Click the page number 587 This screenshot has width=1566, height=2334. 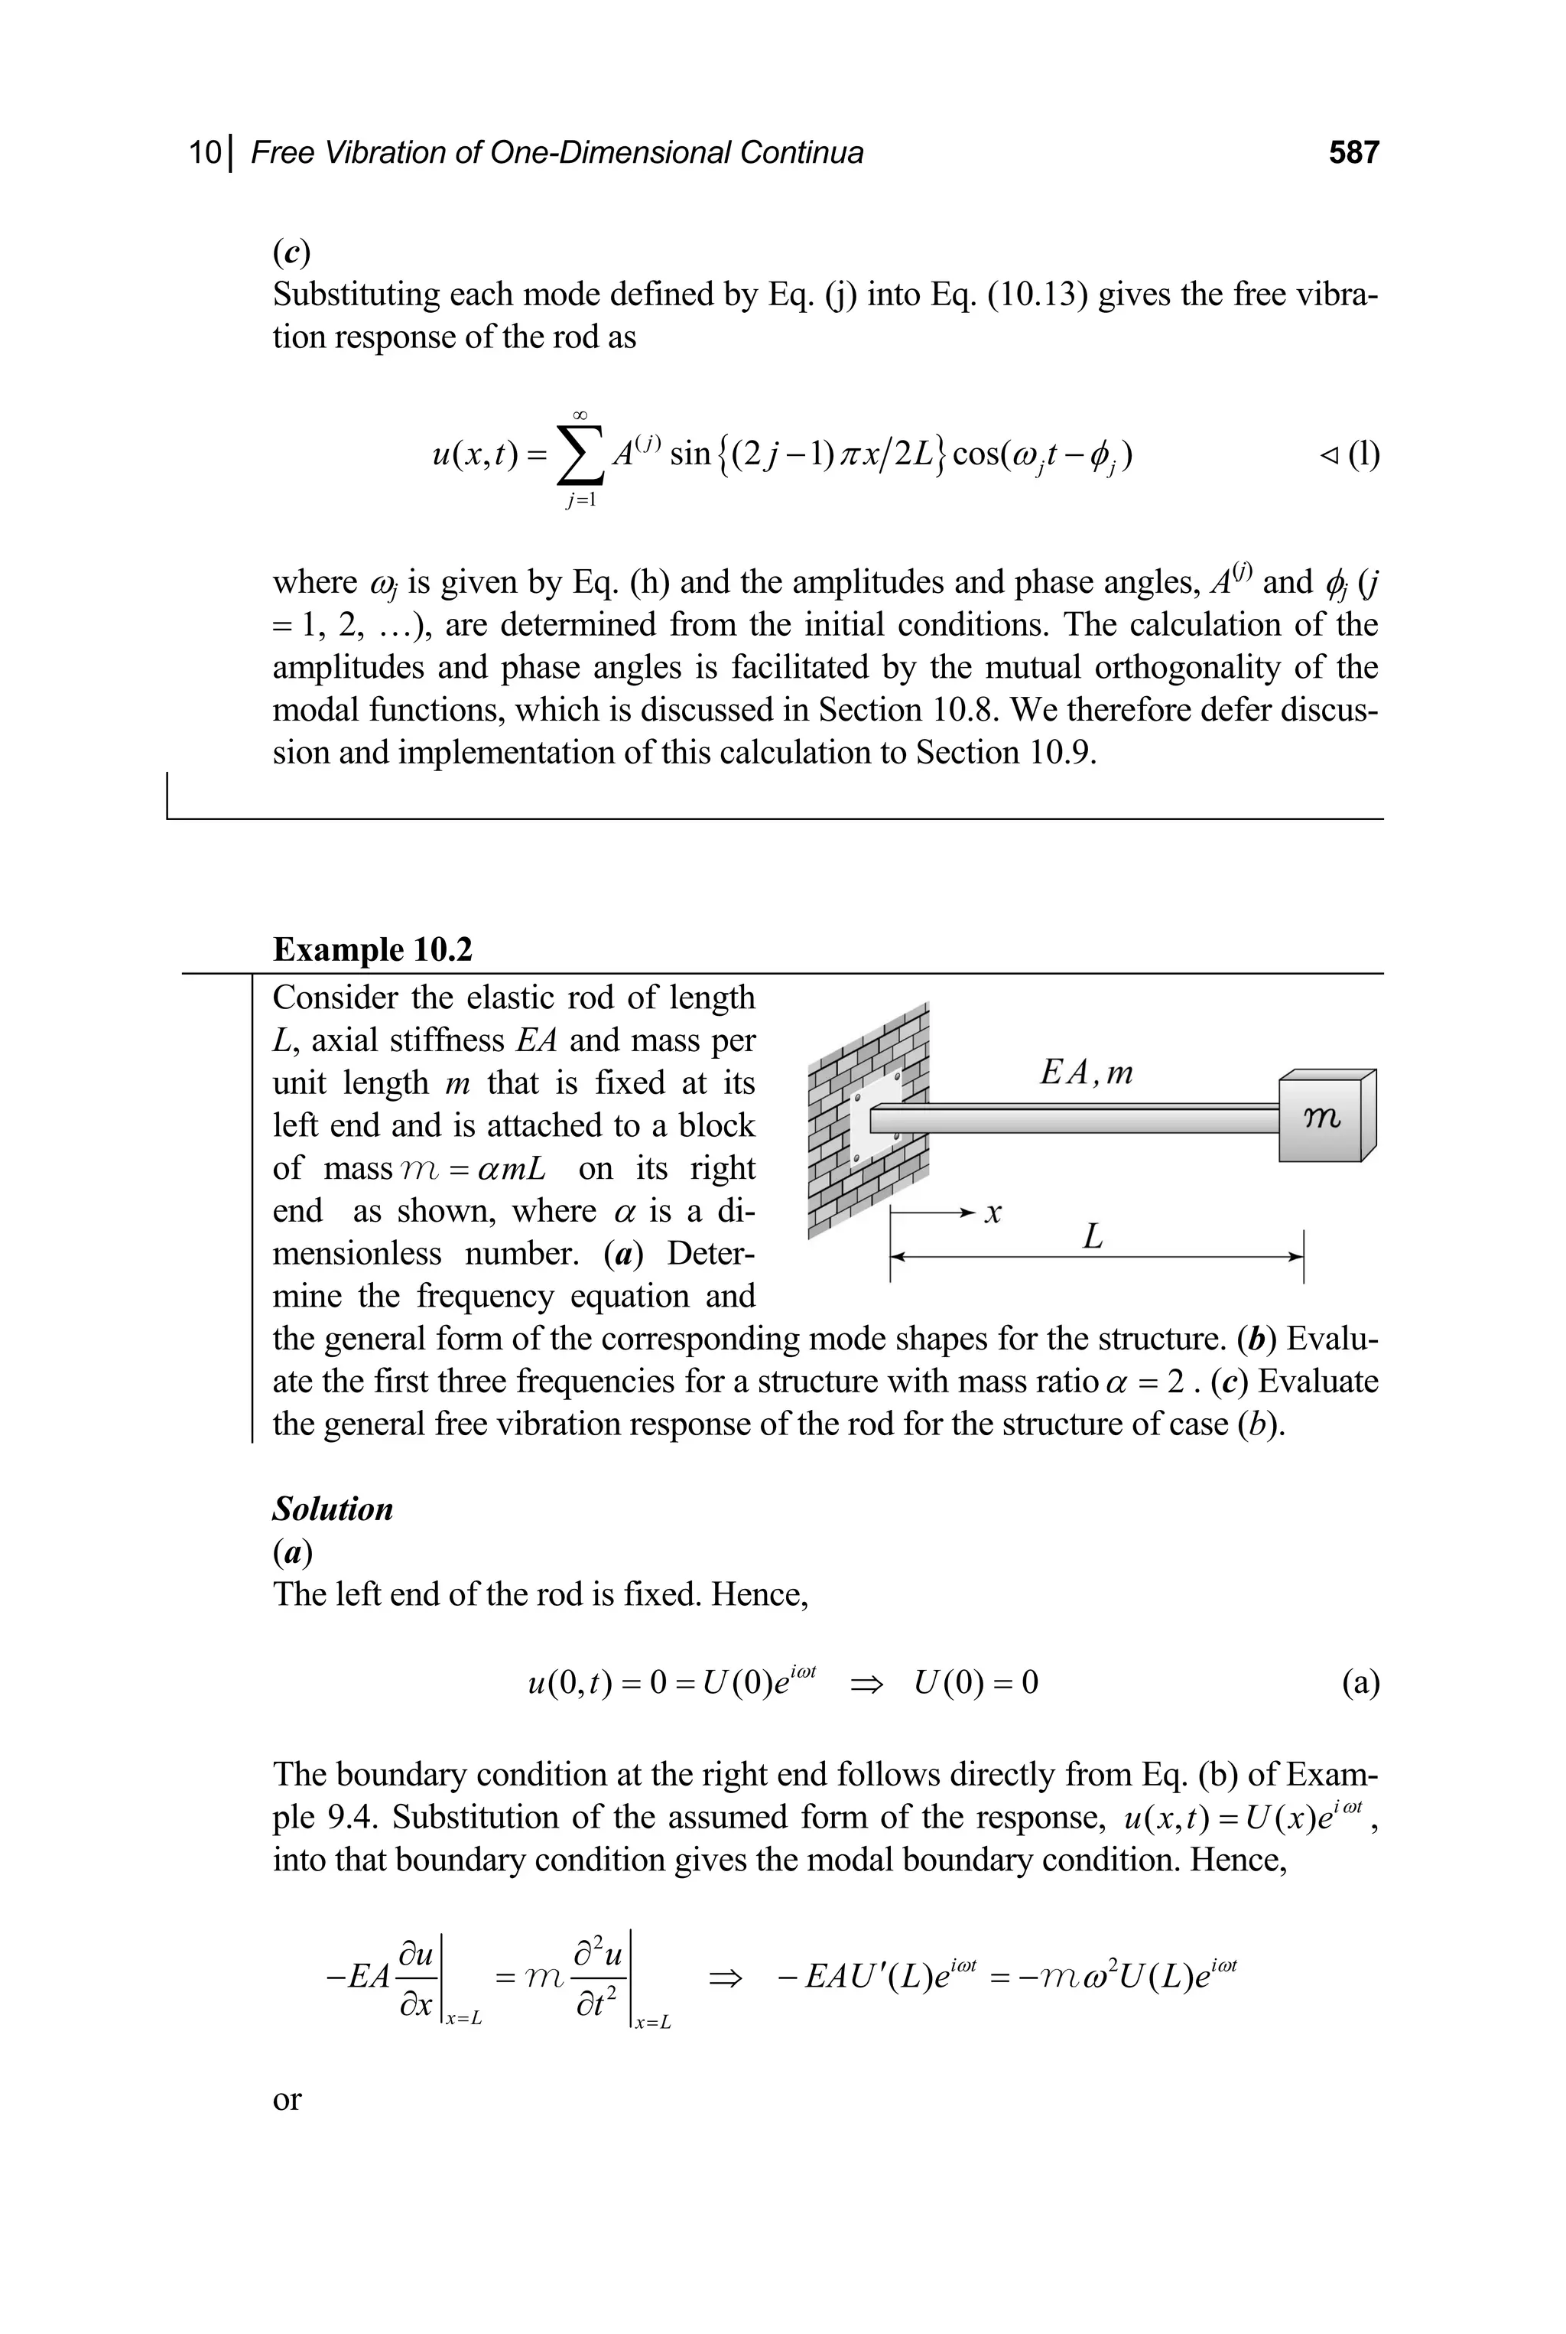coord(1353,153)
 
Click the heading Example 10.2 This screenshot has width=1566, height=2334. coord(372,949)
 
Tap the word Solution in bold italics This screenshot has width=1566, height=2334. coord(333,1509)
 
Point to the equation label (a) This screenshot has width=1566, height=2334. coord(1360,1684)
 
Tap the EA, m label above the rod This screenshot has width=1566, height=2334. coord(1087,1073)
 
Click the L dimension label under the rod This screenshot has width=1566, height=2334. coord(1093,1238)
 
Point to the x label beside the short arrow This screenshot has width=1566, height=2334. coord(993,1214)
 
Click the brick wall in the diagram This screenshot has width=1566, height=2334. coord(867,1120)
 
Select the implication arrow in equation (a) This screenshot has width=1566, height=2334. coord(866,1685)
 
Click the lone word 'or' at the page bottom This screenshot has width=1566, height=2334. coord(287,2098)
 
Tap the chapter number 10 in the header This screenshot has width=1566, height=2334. coord(206,153)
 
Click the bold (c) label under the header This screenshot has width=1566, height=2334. coord(291,254)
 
